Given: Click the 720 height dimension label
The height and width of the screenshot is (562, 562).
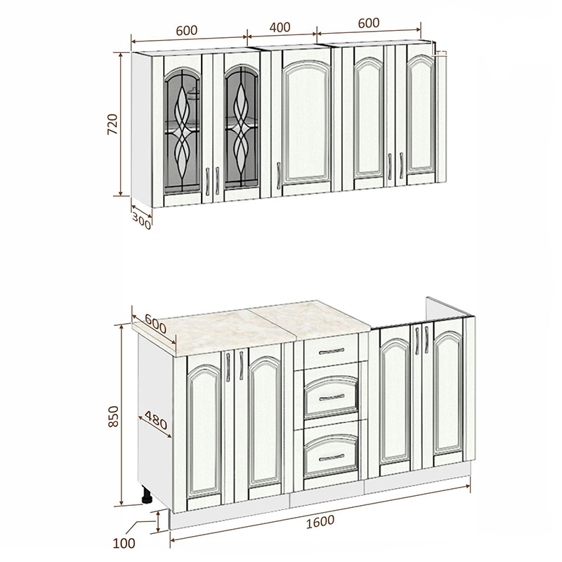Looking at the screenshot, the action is click(112, 124).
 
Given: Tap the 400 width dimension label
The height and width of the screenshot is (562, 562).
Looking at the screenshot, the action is click(280, 27).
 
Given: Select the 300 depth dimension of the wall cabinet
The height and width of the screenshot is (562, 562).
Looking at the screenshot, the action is click(141, 220).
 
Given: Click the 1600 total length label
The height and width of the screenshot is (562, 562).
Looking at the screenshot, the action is click(320, 521).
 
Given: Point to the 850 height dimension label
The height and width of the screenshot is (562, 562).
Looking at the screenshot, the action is click(113, 416).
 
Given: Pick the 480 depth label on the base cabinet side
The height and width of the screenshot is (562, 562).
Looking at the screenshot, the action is click(156, 419).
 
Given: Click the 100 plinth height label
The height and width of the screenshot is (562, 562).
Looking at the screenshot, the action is click(124, 543).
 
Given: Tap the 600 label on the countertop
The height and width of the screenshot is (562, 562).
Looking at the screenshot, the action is click(155, 323).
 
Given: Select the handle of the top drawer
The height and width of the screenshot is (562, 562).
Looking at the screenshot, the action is click(331, 351).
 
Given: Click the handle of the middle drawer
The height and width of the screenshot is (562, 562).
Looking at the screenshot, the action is click(331, 397).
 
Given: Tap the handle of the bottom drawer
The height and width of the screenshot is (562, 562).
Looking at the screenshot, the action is click(331, 457).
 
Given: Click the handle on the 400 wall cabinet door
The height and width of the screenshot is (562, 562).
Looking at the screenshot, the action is click(278, 175).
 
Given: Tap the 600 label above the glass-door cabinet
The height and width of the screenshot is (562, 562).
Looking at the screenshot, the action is click(186, 31).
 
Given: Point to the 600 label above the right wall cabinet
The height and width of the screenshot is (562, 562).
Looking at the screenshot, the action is click(368, 23).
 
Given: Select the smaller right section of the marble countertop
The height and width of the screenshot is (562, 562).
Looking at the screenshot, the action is click(310, 320).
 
